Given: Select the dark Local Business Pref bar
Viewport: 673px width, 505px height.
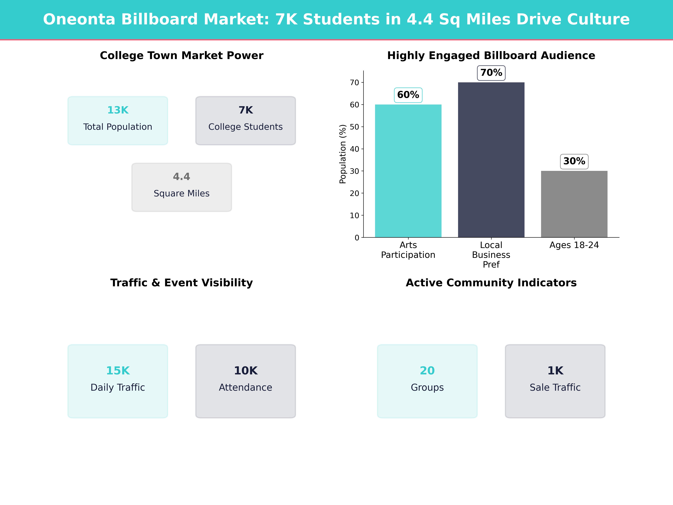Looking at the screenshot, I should point(491,160).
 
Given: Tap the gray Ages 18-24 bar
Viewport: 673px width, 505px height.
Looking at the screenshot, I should point(574,204).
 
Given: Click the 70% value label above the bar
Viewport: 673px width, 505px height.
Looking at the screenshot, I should point(491,73).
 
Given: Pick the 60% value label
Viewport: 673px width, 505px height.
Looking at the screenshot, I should point(408,95).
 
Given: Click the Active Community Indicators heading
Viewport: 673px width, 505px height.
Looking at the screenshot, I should point(491,283).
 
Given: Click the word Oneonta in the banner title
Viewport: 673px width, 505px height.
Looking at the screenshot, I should point(79,19).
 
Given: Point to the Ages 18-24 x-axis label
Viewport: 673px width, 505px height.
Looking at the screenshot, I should point(574,245).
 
